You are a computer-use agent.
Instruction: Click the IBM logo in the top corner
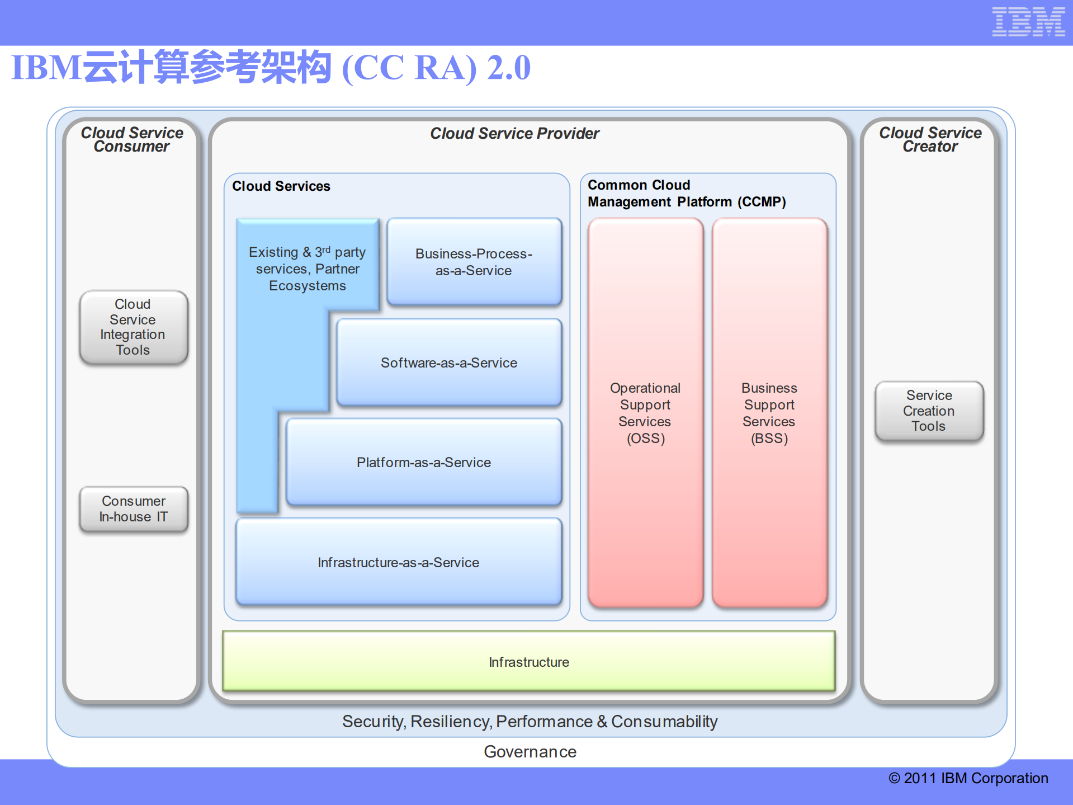(x=1028, y=22)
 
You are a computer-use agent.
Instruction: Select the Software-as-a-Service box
(x=449, y=363)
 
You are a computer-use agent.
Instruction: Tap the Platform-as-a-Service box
(x=423, y=462)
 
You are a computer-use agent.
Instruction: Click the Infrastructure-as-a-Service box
(x=398, y=562)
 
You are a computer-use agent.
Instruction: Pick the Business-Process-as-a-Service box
(x=474, y=262)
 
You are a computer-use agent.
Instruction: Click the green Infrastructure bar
(x=528, y=662)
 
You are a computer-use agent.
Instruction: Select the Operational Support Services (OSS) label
(x=645, y=413)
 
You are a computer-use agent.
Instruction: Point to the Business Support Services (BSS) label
(x=769, y=413)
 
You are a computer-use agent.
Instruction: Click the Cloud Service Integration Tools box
(x=133, y=327)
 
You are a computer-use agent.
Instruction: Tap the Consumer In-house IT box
(x=133, y=509)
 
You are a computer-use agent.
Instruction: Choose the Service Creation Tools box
(x=929, y=411)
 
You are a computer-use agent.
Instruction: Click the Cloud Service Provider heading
(x=514, y=133)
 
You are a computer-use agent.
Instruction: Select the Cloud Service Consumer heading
(x=132, y=139)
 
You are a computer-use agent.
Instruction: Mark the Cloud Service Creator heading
(x=930, y=139)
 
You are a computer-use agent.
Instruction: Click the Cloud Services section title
(x=281, y=186)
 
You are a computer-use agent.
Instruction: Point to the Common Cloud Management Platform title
(x=686, y=194)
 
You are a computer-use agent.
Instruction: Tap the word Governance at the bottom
(x=530, y=751)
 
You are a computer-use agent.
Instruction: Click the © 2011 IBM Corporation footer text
(x=968, y=778)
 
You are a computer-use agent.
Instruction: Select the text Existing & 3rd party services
(x=307, y=260)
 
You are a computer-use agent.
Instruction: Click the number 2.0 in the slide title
(x=508, y=68)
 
